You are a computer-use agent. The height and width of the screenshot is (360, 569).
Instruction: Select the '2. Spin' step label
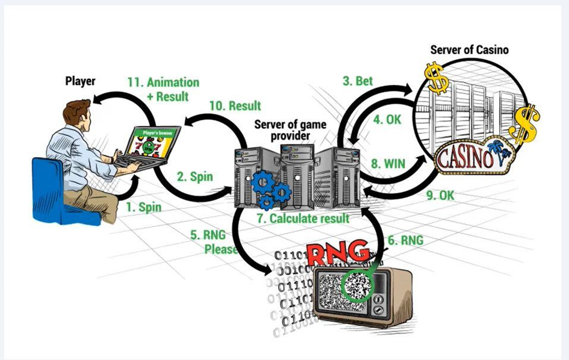195,177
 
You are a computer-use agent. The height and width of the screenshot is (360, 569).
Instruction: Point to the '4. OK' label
387,119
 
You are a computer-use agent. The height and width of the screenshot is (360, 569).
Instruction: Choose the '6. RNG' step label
405,240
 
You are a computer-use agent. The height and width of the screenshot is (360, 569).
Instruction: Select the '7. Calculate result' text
303,218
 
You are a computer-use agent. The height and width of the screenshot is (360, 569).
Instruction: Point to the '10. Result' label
235,105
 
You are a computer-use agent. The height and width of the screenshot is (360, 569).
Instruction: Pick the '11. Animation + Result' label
164,88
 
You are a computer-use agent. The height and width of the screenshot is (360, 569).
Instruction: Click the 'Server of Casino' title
469,49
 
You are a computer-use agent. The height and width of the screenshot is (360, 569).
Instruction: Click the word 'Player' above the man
81,81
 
